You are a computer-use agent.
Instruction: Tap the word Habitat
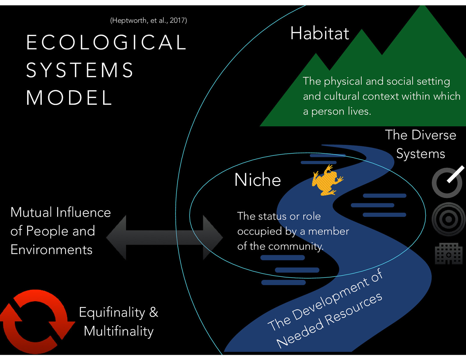tap(320, 33)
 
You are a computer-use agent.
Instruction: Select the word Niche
tap(257, 180)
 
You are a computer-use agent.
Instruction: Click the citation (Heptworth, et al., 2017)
tap(149, 20)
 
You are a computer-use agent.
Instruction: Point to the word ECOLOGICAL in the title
tap(107, 42)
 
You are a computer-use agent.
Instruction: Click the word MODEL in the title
tap(69, 97)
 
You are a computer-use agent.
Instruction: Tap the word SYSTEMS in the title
tap(80, 70)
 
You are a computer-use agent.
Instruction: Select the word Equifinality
tap(112, 313)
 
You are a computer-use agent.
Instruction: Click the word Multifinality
tap(119, 331)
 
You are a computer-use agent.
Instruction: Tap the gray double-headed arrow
tap(165, 237)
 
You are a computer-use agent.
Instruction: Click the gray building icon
tap(449, 253)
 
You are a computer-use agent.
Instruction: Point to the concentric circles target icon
tap(449, 219)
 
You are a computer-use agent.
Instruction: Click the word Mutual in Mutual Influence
tap(31, 212)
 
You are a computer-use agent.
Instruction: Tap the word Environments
tap(51, 250)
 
